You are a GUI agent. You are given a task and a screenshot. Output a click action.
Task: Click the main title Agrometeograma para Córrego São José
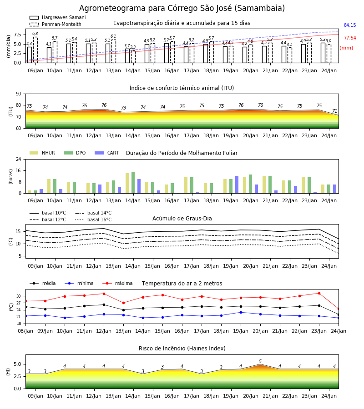(x=182, y=8)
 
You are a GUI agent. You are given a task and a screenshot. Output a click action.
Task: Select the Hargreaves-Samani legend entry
(x=58, y=17)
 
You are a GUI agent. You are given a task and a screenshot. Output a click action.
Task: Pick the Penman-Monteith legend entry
(x=56, y=24)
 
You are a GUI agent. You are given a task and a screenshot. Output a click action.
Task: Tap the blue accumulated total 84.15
(x=350, y=25)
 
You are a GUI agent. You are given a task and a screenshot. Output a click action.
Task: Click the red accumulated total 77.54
(x=350, y=38)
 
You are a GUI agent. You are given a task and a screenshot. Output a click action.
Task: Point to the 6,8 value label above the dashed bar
(x=35, y=33)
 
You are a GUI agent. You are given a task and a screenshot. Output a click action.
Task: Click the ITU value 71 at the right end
(x=334, y=111)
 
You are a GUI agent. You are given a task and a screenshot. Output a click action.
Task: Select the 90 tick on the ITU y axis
(x=19, y=94)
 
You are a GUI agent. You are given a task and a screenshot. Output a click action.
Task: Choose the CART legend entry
(x=107, y=153)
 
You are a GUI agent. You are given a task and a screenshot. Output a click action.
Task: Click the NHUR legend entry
(x=42, y=153)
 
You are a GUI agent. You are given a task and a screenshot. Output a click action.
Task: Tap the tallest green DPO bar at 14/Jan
(x=133, y=182)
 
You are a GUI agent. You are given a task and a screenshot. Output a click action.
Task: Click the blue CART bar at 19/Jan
(x=237, y=185)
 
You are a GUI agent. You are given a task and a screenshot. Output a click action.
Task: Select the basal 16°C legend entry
(x=93, y=219)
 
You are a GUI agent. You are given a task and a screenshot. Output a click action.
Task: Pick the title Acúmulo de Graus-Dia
(x=182, y=218)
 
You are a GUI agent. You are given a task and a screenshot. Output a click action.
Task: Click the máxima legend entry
(x=117, y=283)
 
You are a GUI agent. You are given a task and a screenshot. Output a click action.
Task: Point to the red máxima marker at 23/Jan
(x=319, y=294)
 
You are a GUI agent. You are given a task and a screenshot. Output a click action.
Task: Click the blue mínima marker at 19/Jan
(x=241, y=312)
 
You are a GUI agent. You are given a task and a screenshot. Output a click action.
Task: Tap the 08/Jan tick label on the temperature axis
(x=25, y=331)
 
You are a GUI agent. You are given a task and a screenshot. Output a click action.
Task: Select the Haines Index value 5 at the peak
(x=260, y=361)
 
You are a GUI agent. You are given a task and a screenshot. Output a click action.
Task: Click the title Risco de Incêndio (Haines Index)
(x=182, y=349)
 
